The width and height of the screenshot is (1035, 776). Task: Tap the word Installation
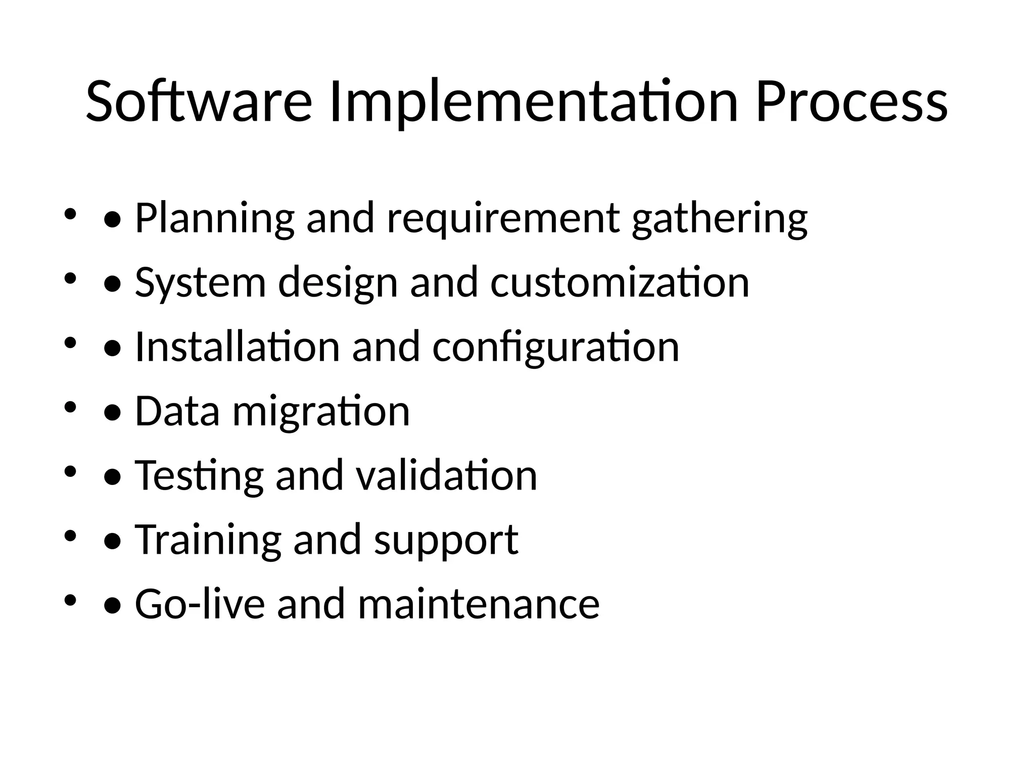(238, 347)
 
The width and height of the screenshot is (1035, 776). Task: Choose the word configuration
(555, 347)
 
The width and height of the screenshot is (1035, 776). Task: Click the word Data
(177, 411)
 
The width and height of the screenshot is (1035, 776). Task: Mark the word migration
(321, 411)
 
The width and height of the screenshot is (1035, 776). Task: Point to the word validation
(446, 475)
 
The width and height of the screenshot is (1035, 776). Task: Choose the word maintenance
(479, 604)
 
